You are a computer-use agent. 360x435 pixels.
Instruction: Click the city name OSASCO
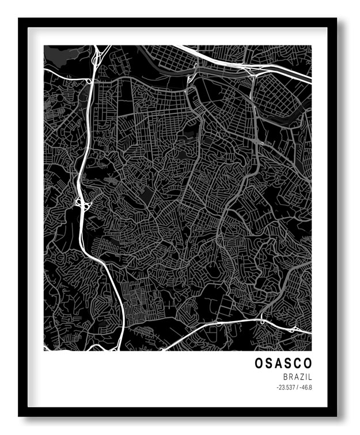coord(283,364)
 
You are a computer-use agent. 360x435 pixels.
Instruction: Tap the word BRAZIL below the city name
coord(297,377)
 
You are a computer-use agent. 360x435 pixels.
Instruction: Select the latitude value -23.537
coord(286,388)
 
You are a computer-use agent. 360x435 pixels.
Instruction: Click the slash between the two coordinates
coord(297,388)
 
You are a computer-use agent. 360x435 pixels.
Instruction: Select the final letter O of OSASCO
coord(307,364)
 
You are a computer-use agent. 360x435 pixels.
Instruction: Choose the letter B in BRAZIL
coord(285,377)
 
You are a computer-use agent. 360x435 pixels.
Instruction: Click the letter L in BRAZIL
coord(310,377)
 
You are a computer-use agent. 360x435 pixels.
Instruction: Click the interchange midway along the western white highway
coord(81,202)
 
